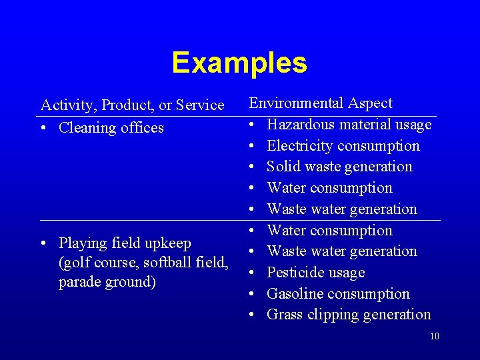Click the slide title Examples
(x=239, y=63)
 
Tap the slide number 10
(x=434, y=336)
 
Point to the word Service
(x=200, y=105)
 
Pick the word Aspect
(x=370, y=103)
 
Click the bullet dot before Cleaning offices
(x=44, y=128)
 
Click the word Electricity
(x=297, y=146)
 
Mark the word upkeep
(x=169, y=243)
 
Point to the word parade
(x=78, y=282)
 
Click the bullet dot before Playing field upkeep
(x=44, y=243)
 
